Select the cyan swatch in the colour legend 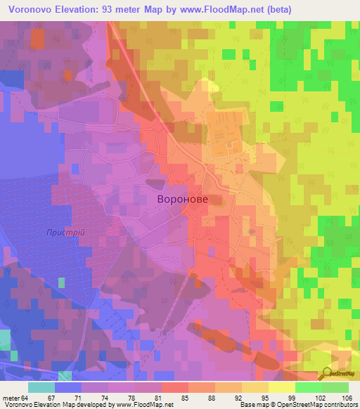pyautogui.click(x=41, y=387)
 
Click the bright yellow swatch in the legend pyautogui.click(x=281, y=387)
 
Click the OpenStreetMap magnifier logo pyautogui.click(x=327, y=372)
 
